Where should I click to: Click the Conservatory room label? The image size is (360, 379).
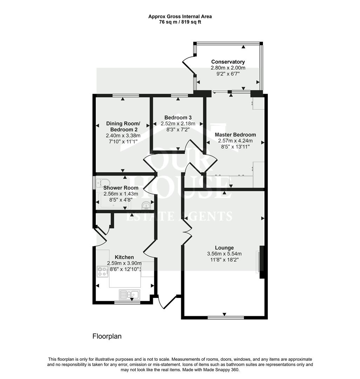tap(228, 62)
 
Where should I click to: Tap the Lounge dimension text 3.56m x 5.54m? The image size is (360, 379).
tap(224, 254)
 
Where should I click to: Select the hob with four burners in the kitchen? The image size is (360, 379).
tap(103, 271)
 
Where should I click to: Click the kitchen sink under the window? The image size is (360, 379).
tap(129, 294)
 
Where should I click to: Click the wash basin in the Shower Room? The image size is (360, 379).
tap(146, 205)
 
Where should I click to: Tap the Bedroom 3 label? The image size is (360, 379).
tap(178, 118)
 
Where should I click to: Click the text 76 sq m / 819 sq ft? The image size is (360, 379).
tap(180, 22)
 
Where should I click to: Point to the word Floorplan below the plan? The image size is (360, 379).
tap(107, 336)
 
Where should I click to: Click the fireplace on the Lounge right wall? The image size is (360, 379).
tap(260, 261)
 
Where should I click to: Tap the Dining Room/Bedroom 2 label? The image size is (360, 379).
tap(123, 126)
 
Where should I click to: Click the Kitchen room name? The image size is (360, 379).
tap(124, 257)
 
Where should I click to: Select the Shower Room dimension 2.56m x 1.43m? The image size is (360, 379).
tap(121, 194)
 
